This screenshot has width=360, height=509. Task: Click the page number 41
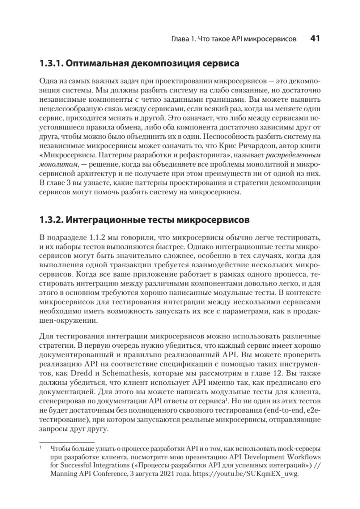click(x=315, y=39)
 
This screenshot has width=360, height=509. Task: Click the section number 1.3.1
click(x=51, y=64)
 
